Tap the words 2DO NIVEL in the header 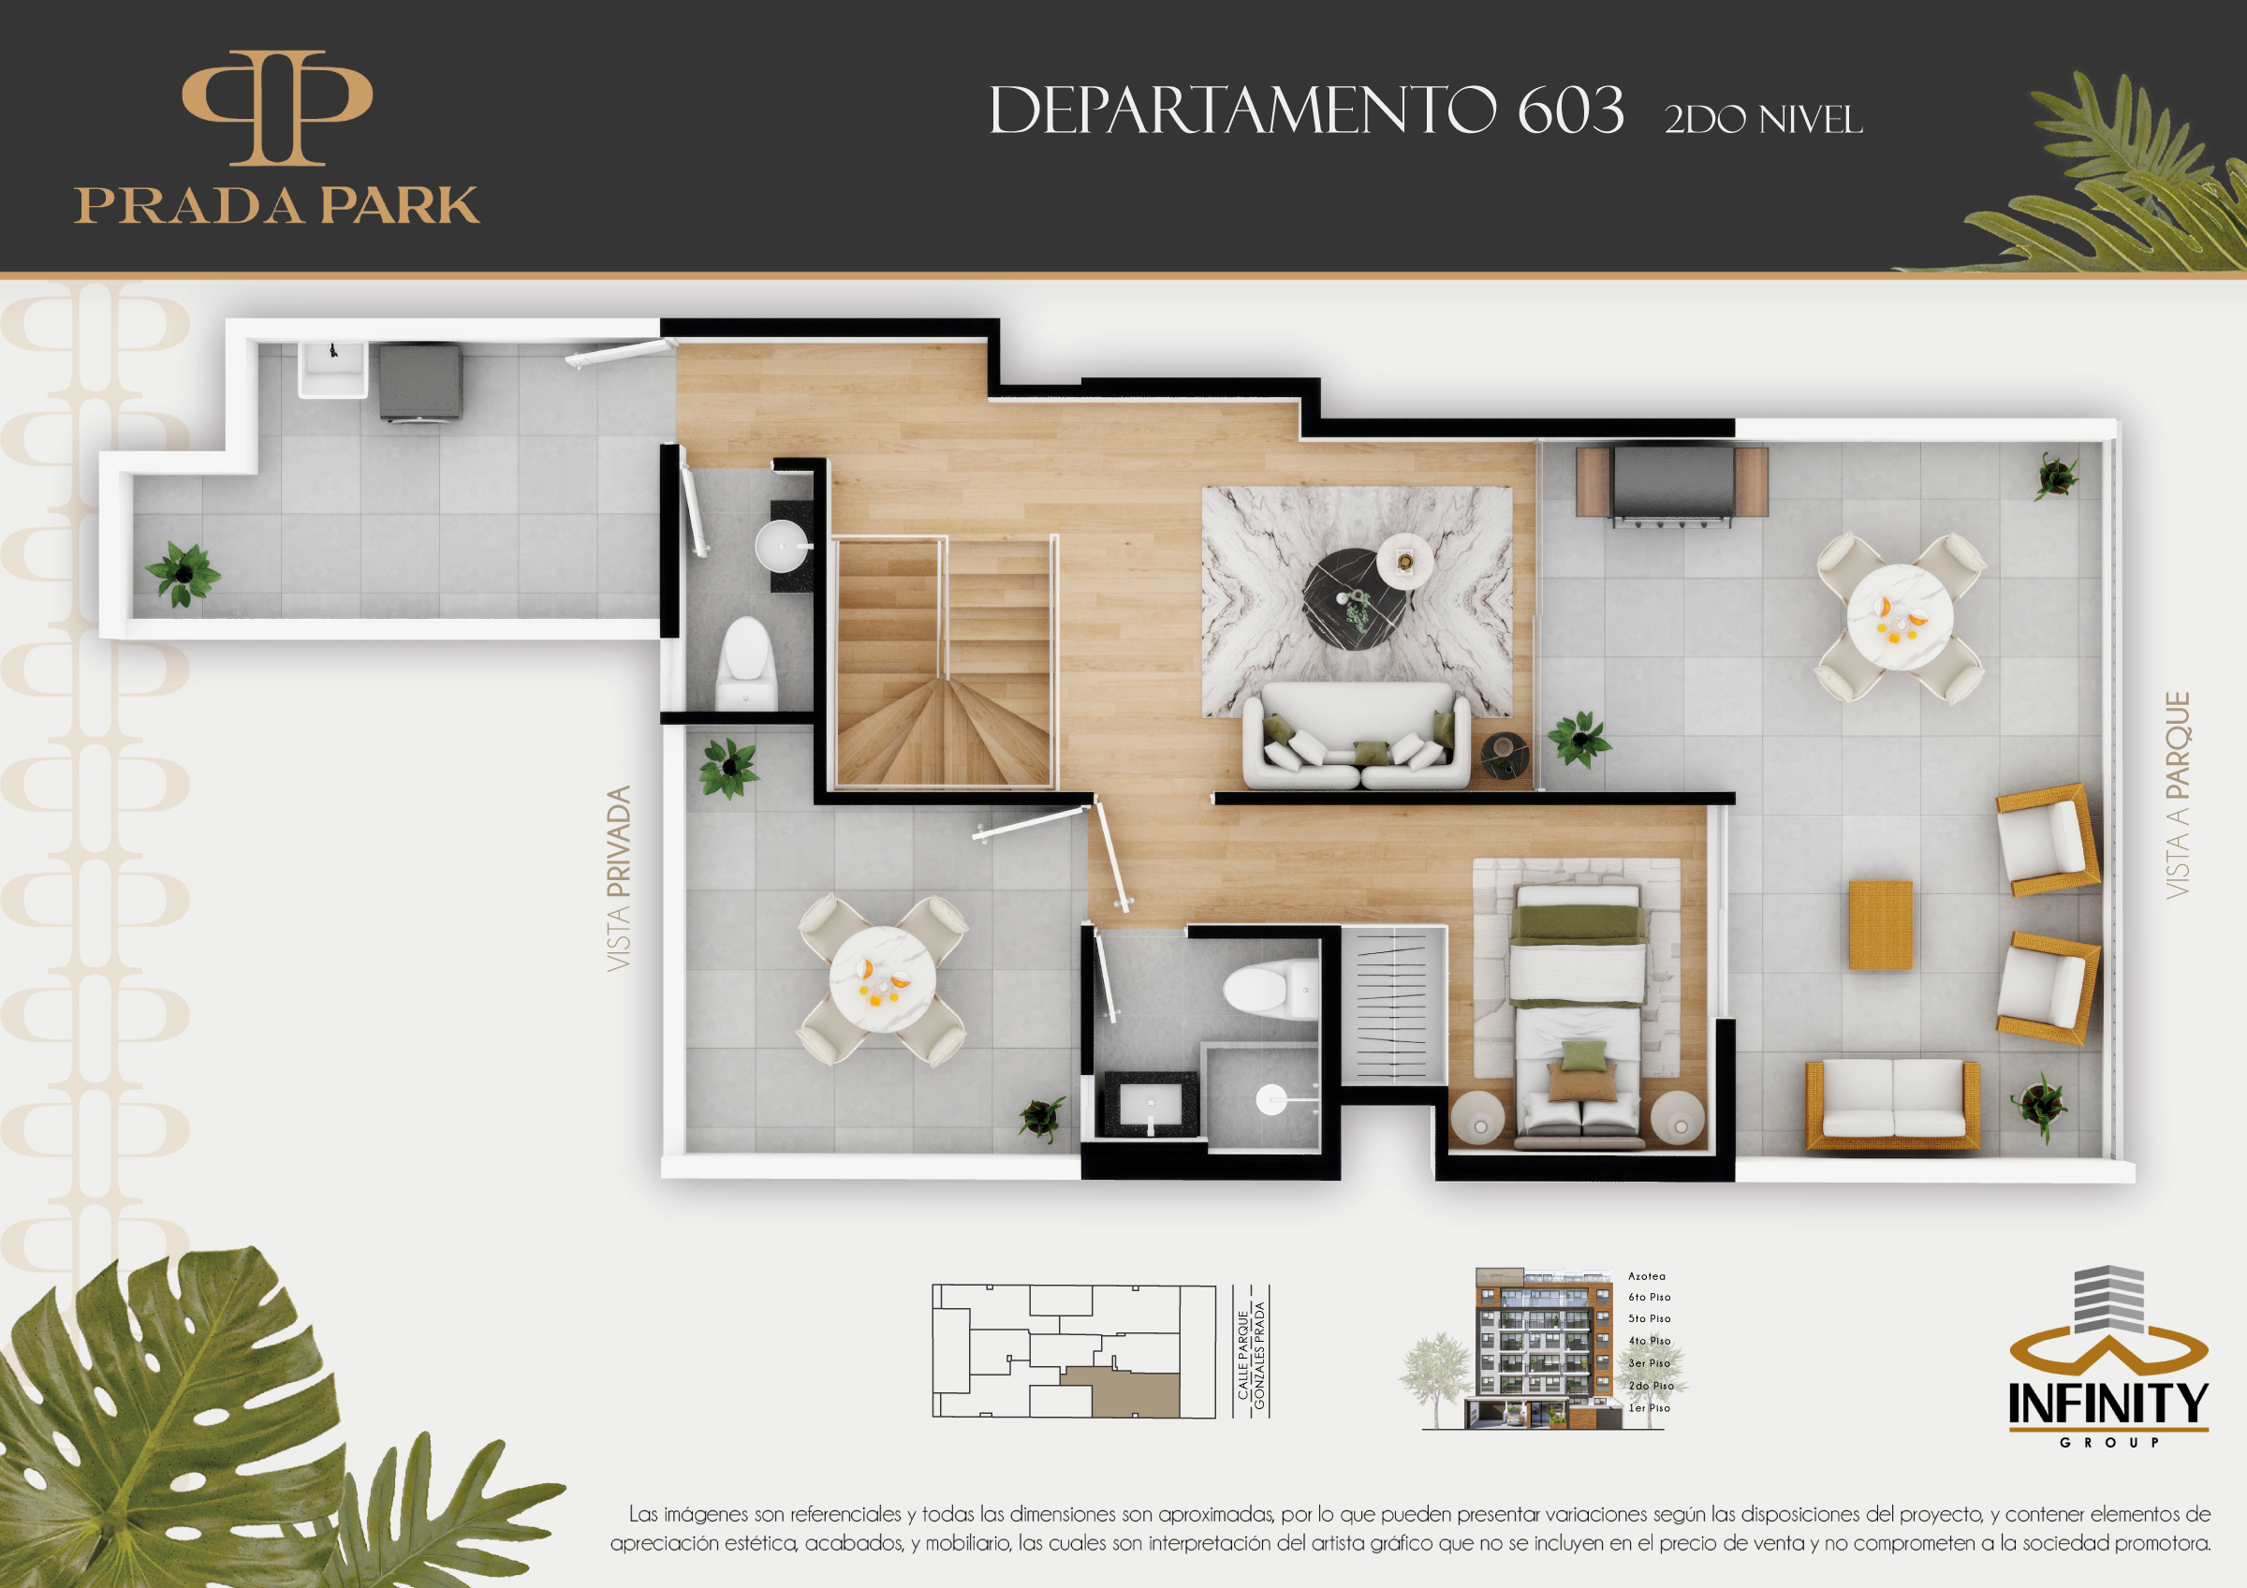coord(1763,119)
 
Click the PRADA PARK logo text coord(277,204)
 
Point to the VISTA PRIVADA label coord(619,877)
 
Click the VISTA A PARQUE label coord(2177,795)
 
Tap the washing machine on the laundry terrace coord(419,382)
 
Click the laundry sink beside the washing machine coord(332,369)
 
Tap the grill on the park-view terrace coord(1671,483)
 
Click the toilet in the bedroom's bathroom coord(1270,987)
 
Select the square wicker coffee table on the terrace coord(1880,925)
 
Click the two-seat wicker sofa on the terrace coord(1893,1104)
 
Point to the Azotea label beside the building coord(1646,1276)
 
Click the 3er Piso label coord(1650,1363)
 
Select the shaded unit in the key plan coord(1121,1393)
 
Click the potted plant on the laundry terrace coord(183,574)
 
